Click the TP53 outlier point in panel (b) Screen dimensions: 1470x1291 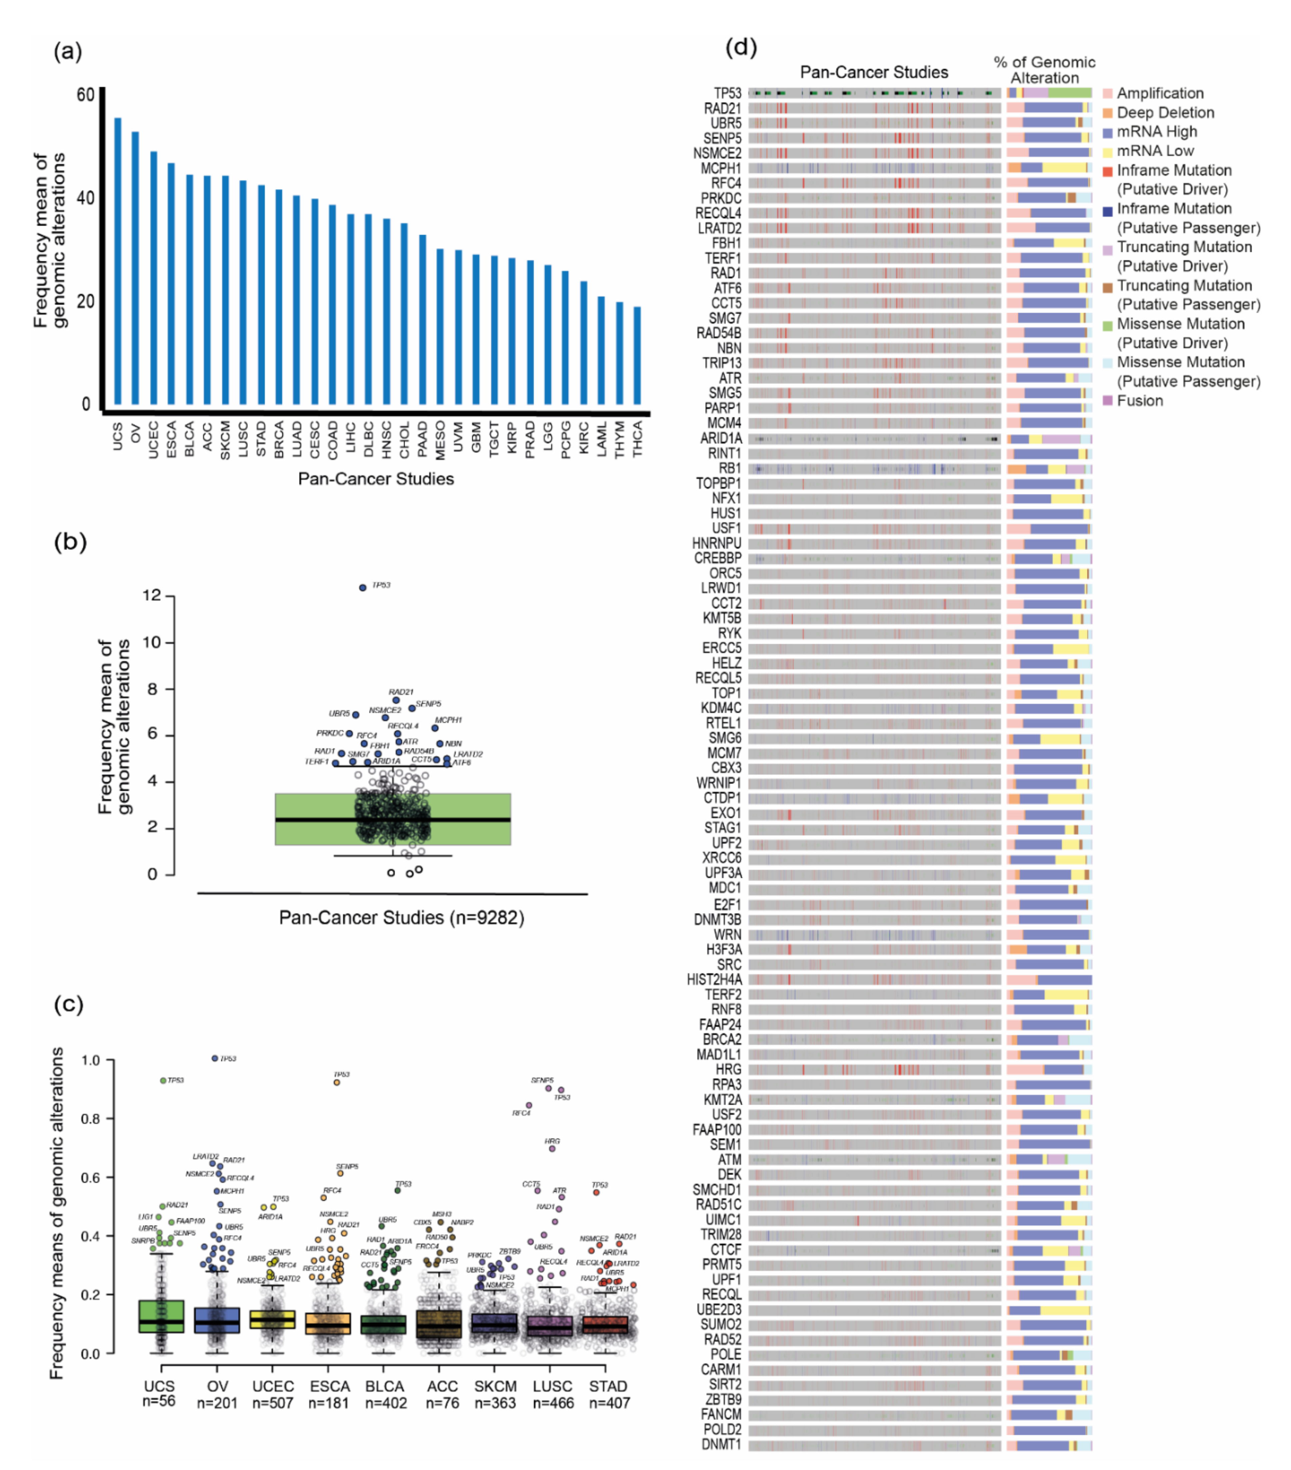pos(362,588)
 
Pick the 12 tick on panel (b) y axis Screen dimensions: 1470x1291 pos(152,596)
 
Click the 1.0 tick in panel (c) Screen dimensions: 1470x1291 pos(90,1060)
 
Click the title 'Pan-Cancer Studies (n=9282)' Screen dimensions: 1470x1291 pos(401,918)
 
